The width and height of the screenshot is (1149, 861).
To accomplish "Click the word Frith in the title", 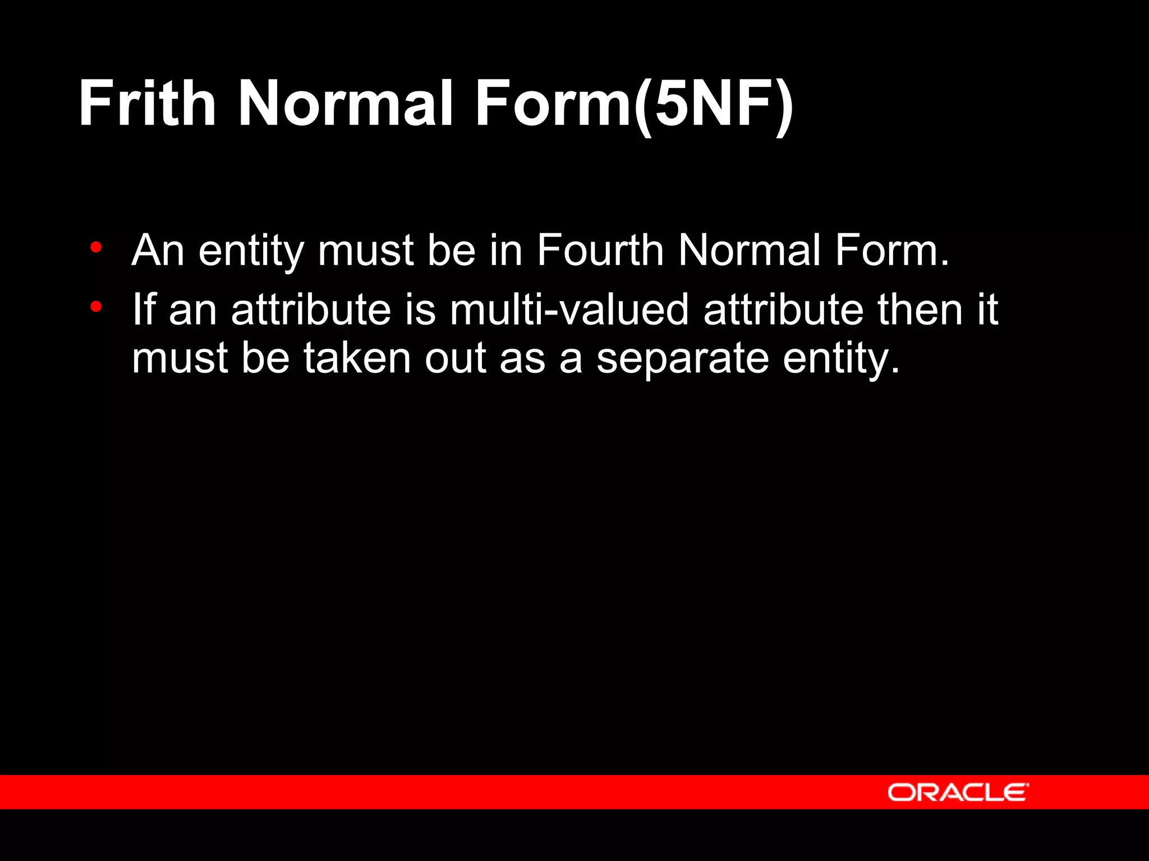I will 147,103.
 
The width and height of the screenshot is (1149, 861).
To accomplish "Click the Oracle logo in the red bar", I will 958,792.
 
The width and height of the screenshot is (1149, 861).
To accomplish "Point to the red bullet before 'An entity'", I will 96,247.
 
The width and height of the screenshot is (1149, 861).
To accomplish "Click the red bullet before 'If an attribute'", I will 96,307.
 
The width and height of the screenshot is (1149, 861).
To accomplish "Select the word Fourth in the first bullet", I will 600,250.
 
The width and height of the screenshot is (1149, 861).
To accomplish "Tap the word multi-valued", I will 569,309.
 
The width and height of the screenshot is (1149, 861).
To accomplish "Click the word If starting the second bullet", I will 143,309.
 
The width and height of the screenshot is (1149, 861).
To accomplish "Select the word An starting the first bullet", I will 158,250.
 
